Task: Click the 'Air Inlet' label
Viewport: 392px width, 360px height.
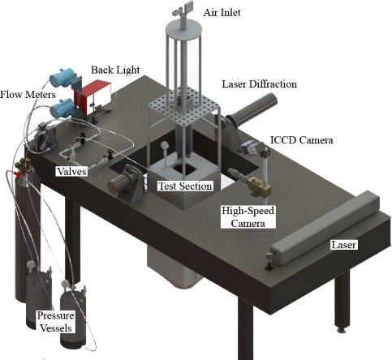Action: (x=222, y=13)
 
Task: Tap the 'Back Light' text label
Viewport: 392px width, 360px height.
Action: (x=115, y=70)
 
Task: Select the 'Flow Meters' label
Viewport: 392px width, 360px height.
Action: (x=28, y=95)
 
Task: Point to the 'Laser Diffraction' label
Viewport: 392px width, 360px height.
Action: (x=259, y=84)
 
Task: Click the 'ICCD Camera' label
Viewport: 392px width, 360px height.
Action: (x=302, y=140)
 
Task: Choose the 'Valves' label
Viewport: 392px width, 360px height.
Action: (x=72, y=171)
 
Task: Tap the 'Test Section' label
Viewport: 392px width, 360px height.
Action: (x=185, y=186)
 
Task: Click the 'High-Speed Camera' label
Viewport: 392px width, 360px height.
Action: (x=248, y=217)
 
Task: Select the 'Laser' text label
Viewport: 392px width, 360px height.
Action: (x=343, y=245)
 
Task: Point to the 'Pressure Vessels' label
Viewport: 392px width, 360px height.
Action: (x=55, y=322)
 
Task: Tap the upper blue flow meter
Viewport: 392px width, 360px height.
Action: (x=62, y=77)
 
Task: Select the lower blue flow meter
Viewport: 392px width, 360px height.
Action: (x=62, y=106)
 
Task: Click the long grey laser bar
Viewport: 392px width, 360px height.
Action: (x=325, y=228)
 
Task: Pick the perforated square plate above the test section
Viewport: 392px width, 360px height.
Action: (x=184, y=109)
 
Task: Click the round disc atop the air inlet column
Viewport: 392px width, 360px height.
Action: (x=184, y=28)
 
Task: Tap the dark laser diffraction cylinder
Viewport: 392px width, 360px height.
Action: (x=254, y=109)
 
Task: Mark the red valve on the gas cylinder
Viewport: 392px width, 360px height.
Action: (x=16, y=174)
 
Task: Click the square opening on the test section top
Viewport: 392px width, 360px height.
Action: (x=184, y=169)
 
